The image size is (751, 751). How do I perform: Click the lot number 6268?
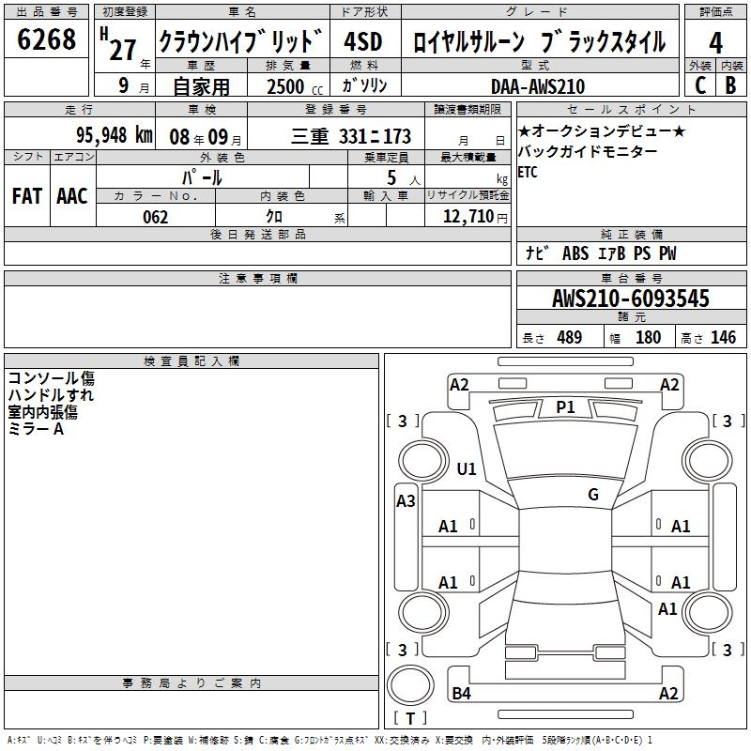[46, 39]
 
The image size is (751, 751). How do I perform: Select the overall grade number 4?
[715, 43]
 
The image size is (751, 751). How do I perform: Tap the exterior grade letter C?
[700, 85]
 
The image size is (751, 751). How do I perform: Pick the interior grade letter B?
[730, 85]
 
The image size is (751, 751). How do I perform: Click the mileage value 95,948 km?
[115, 135]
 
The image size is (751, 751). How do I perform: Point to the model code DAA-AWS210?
[538, 86]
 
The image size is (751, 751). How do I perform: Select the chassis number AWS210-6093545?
[631, 299]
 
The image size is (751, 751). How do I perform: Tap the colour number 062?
[155, 217]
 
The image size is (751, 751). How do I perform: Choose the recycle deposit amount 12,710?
[468, 217]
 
